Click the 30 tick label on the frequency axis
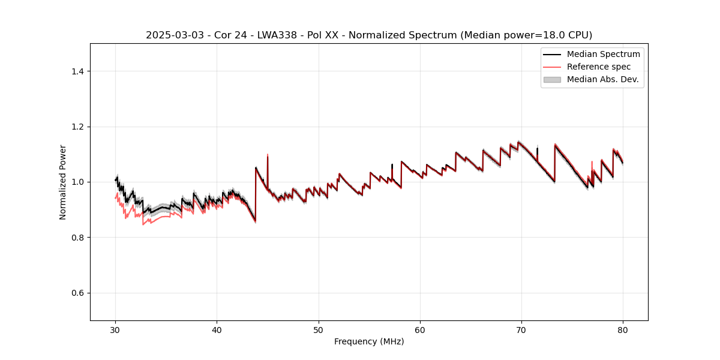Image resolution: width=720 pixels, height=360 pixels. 115,330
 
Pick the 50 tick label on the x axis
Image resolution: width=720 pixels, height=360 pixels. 318,330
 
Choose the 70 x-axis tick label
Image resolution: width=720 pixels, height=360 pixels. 521,330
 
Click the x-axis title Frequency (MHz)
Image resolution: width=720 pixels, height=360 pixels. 369,341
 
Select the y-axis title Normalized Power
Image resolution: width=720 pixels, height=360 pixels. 63,182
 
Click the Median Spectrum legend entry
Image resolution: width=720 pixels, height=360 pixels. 603,54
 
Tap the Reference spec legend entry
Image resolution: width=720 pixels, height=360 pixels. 599,67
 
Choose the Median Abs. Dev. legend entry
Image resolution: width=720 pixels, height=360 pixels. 602,79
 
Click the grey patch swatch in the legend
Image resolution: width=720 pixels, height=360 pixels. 552,79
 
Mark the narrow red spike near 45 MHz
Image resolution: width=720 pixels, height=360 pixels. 268,157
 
